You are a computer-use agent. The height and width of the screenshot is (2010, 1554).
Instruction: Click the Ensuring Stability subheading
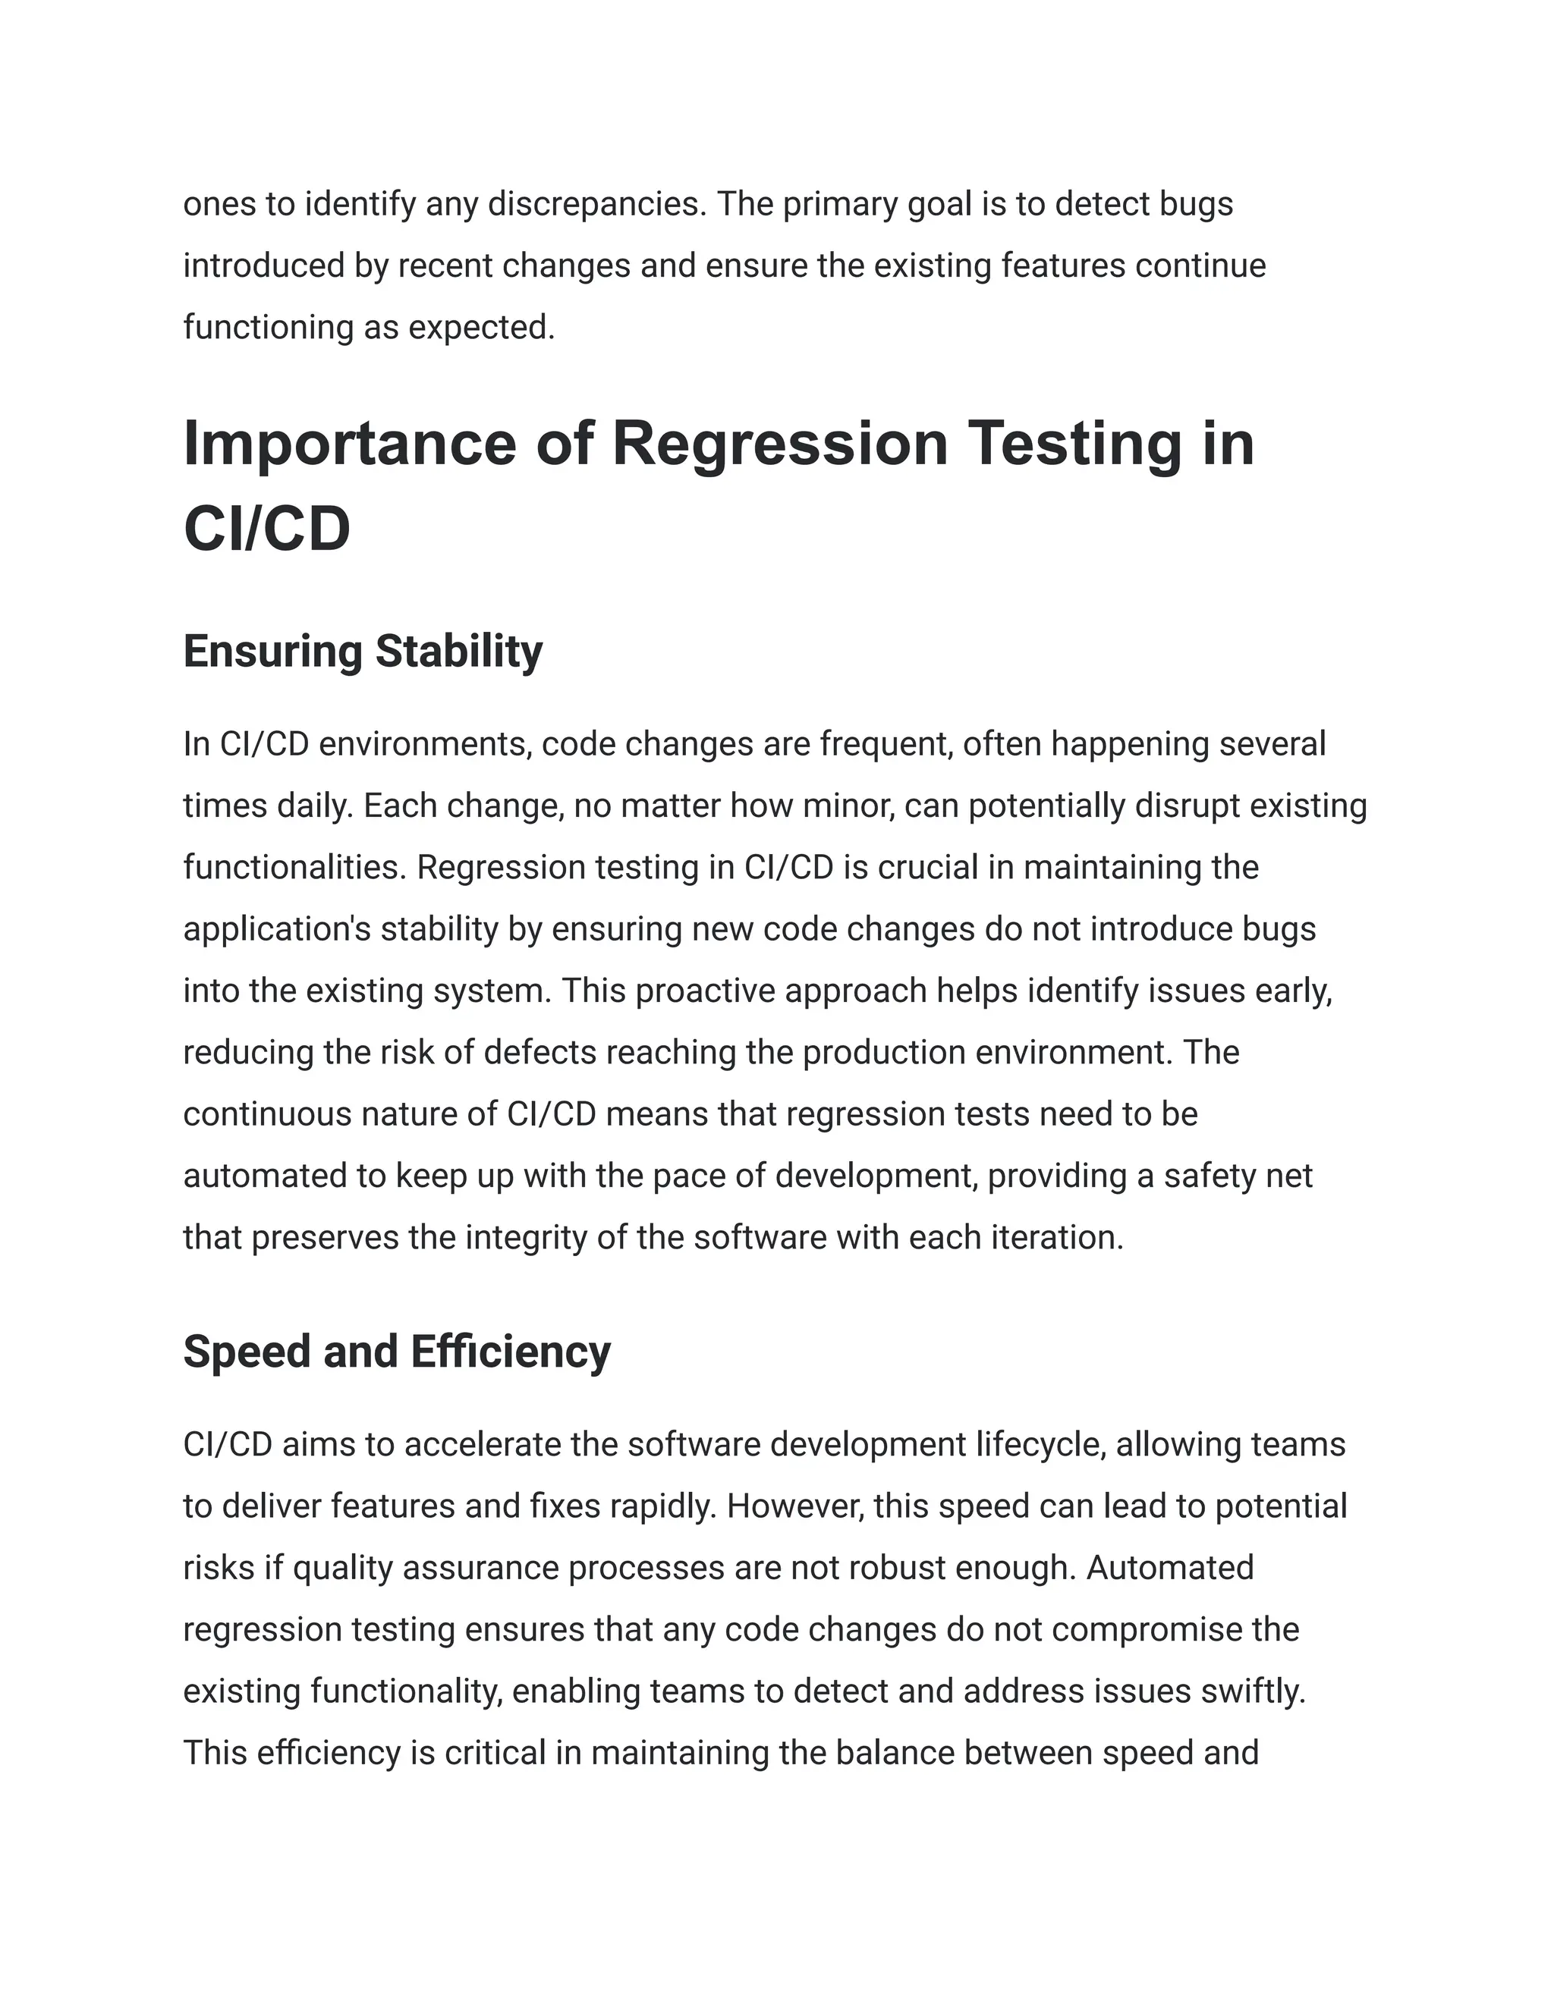pos(363,652)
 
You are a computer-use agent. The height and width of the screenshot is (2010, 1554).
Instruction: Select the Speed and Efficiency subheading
pos(397,1352)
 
